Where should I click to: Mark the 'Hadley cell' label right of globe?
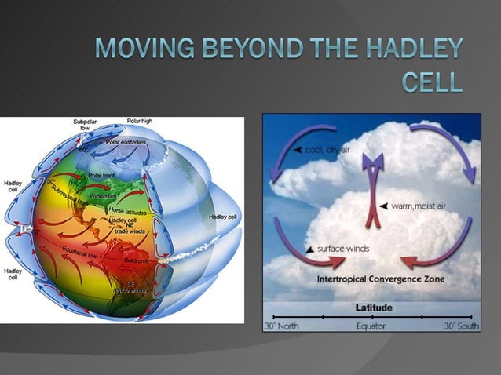click(224, 217)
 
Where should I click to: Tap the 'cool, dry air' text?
click(327, 149)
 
